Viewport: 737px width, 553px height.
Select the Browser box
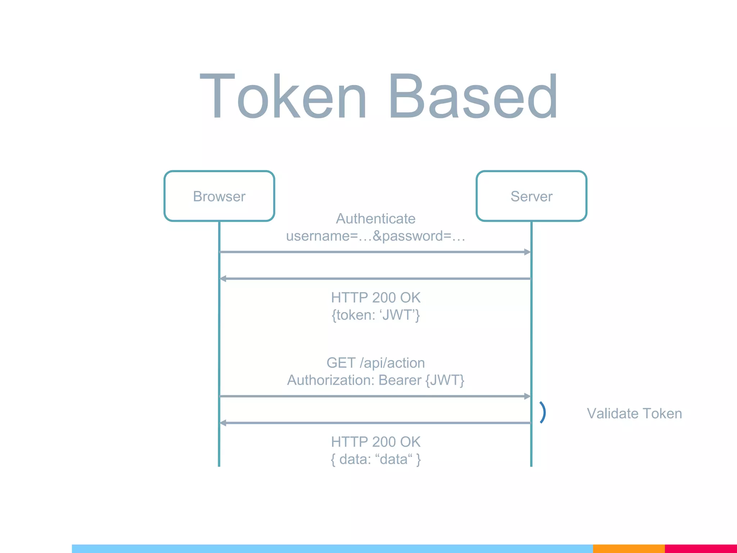point(219,196)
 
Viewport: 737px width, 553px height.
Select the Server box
point(531,196)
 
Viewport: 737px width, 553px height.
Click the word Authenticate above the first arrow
point(375,219)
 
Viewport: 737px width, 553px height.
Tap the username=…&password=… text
point(375,236)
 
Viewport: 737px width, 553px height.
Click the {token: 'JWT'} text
point(375,315)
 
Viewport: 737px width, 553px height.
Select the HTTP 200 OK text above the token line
point(375,298)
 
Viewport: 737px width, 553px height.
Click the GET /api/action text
point(375,363)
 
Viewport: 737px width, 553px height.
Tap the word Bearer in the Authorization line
point(400,380)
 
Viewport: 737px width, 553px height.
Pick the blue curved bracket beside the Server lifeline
point(543,413)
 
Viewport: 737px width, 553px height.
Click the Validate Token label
point(634,414)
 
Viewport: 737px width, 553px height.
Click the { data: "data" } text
point(375,459)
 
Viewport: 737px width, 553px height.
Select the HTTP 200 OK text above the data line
point(375,442)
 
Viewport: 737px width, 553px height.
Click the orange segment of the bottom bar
point(628,549)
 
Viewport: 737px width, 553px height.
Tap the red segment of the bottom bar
point(700,549)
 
